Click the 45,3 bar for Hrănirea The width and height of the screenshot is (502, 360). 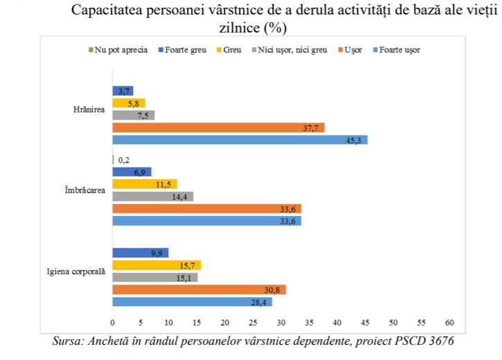[240, 140]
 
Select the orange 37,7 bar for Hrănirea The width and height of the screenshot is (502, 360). [218, 127]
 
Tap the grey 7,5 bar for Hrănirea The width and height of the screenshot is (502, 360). [133, 115]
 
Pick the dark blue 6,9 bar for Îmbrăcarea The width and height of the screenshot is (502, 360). [132, 172]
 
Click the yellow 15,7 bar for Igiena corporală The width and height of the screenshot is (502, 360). [156, 265]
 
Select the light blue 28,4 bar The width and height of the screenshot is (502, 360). [192, 302]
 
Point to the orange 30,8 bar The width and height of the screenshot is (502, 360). [199, 289]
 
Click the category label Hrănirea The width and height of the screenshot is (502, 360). [89, 109]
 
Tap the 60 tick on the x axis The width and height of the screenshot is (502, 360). [449, 323]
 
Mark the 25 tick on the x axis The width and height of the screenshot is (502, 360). [253, 323]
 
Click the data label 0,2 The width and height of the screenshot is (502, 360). [124, 160]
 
